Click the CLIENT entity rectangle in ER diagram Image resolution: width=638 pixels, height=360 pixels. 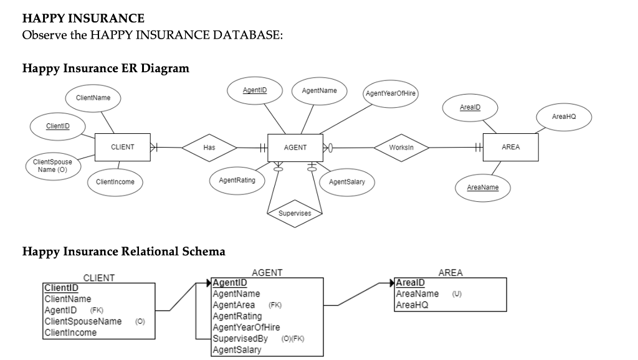pyautogui.click(x=122, y=147)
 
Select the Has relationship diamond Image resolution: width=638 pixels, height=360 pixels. pyautogui.click(x=209, y=148)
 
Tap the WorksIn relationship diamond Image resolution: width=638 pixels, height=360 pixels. pyautogui.click(x=400, y=148)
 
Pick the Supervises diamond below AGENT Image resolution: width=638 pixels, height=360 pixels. pyautogui.click(x=295, y=213)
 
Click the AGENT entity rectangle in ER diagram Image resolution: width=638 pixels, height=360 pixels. pyautogui.click(x=295, y=148)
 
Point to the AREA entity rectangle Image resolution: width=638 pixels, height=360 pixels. pyautogui.click(x=510, y=147)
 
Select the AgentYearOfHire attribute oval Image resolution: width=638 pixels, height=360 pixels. pyautogui.click(x=390, y=94)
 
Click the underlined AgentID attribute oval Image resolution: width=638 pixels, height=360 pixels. pyautogui.click(x=255, y=91)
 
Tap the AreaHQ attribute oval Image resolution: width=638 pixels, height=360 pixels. pyautogui.click(x=563, y=117)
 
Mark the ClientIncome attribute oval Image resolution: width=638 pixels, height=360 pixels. pyautogui.click(x=115, y=182)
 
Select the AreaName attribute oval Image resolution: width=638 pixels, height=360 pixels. pyautogui.click(x=483, y=187)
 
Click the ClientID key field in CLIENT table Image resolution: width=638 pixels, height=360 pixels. pyautogui.click(x=61, y=288)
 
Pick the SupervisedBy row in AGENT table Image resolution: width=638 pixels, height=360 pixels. pyautogui.click(x=240, y=338)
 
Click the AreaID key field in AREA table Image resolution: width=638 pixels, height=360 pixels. pyautogui.click(x=411, y=283)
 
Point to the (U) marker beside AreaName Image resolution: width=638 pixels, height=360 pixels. pyautogui.click(x=457, y=294)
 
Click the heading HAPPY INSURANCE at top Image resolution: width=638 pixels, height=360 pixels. pyautogui.click(x=83, y=19)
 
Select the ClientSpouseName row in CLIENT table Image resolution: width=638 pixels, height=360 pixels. pyautogui.click(x=83, y=321)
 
